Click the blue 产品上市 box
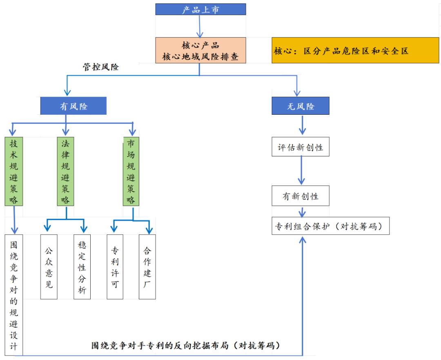click(200, 9)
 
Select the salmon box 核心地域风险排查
click(200, 50)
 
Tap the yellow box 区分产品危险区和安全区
click(355, 50)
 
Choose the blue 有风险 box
click(73, 106)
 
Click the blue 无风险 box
click(301, 106)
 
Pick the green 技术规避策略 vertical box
click(14, 171)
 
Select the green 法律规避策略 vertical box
click(65, 171)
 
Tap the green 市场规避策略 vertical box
click(131, 171)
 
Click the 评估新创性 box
click(301, 147)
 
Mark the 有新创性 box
click(301, 196)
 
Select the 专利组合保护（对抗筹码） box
click(330, 226)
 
